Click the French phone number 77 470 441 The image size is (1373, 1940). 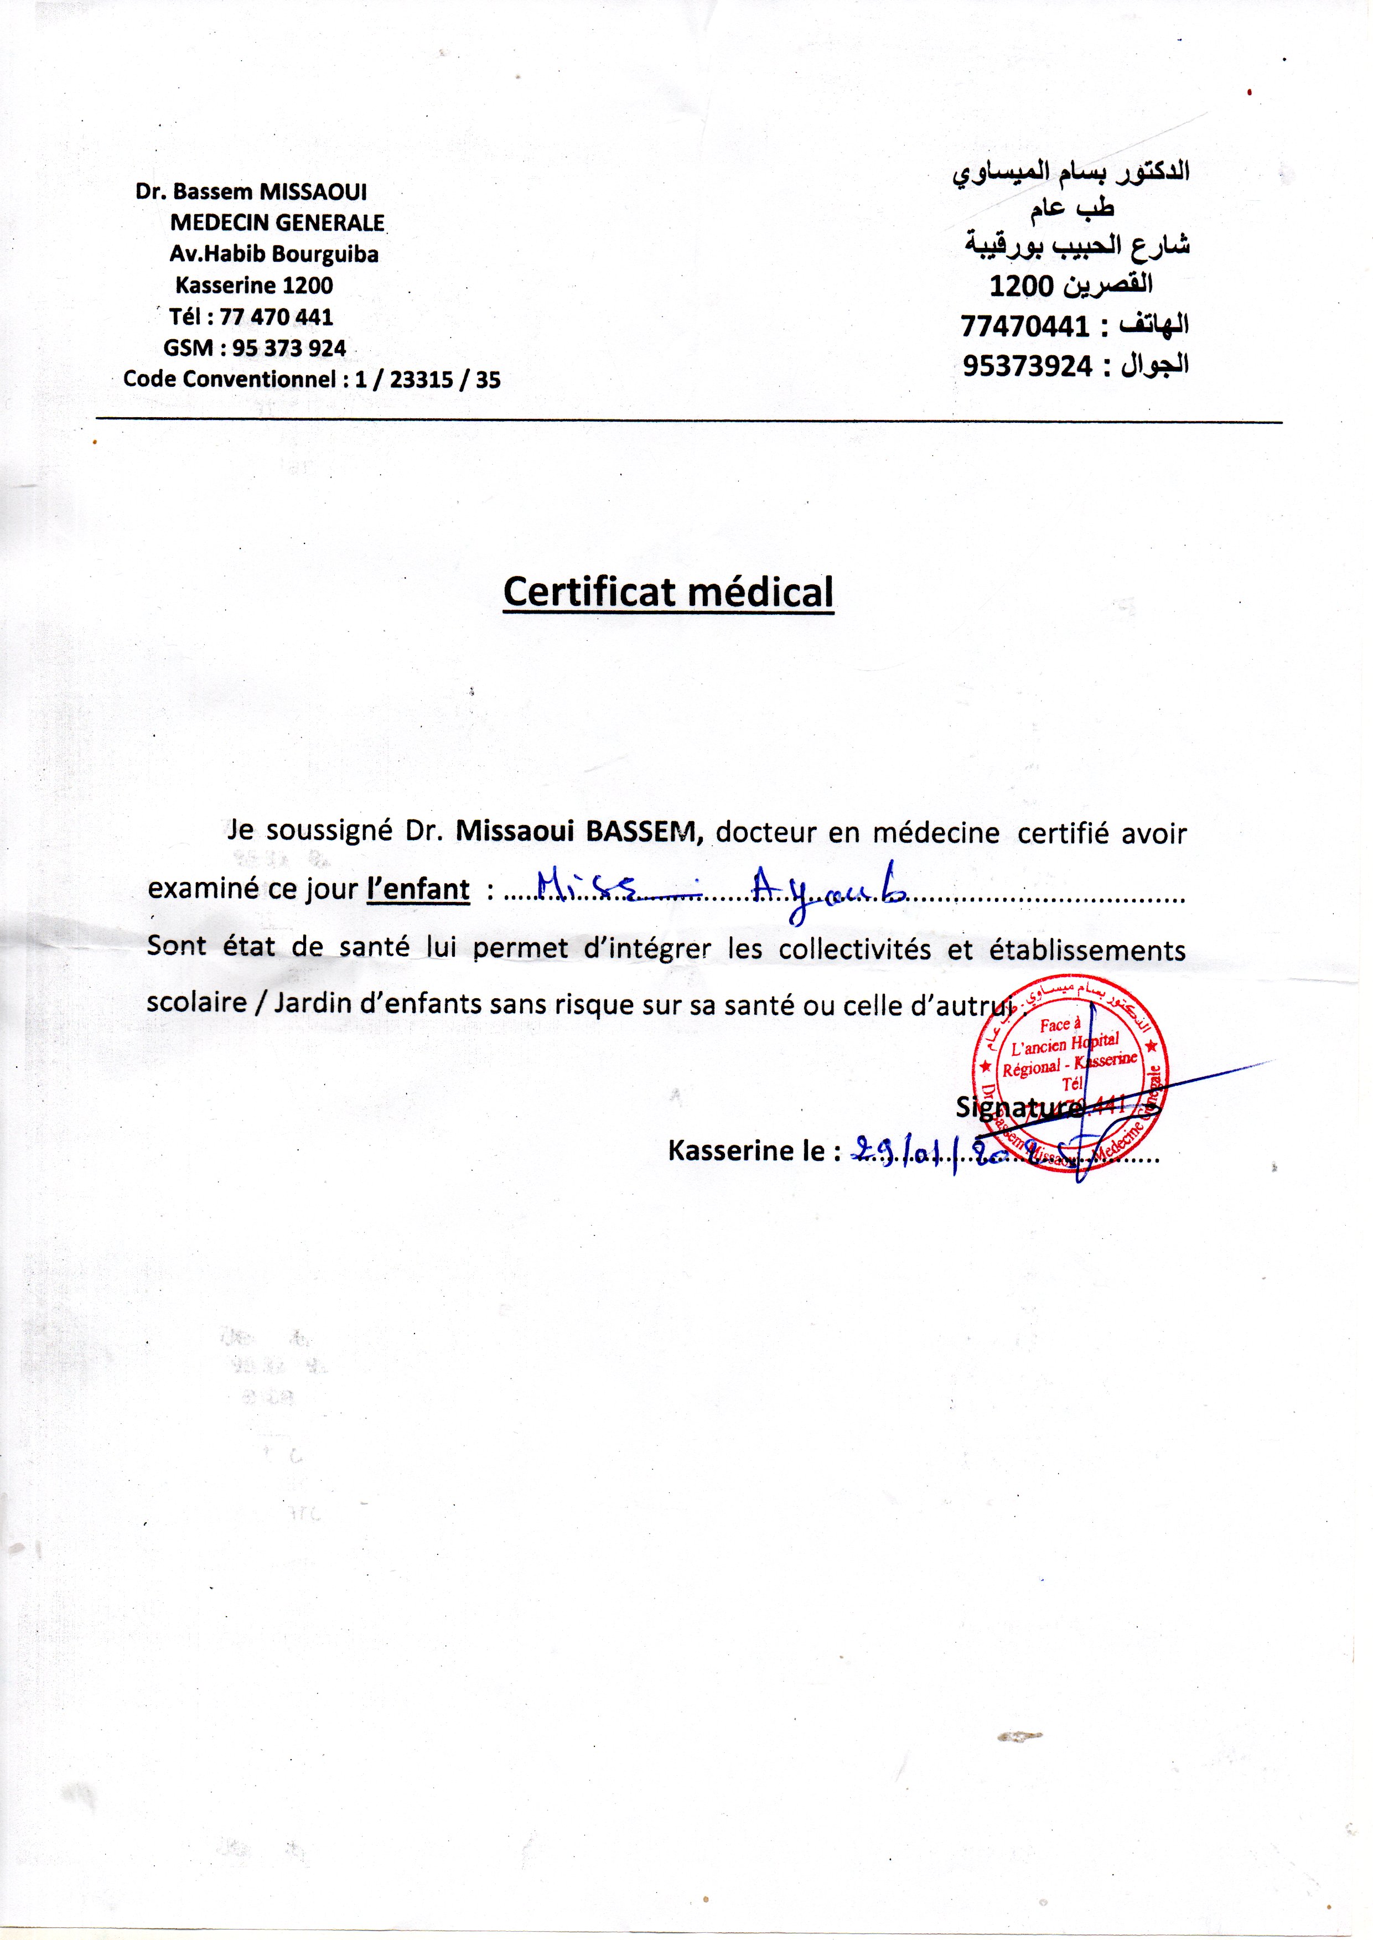click(x=277, y=317)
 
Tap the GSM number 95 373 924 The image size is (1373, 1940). click(x=288, y=348)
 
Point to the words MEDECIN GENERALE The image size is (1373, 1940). click(x=277, y=222)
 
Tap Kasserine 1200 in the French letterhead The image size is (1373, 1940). click(x=253, y=285)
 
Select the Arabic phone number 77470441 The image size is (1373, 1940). click(x=1025, y=325)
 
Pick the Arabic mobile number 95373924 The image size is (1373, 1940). click(x=1027, y=365)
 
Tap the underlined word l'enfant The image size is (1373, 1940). click(x=418, y=889)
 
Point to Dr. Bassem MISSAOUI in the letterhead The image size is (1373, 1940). click(x=251, y=192)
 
